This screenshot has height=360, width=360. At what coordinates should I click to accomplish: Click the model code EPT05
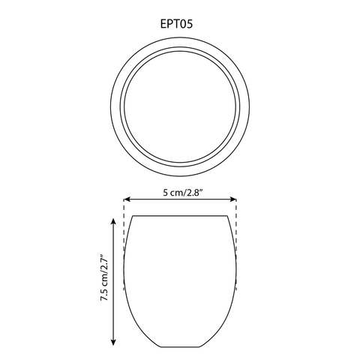176,24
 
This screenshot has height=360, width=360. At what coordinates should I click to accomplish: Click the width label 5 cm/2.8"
183,193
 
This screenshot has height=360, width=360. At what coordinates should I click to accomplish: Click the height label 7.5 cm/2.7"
104,277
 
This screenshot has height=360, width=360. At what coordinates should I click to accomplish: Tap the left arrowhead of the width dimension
127,199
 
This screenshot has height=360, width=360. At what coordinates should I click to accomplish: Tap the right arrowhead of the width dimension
233,199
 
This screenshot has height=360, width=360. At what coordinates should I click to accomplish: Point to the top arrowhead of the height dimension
113,221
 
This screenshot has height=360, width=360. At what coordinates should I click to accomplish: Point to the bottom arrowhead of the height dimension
113,342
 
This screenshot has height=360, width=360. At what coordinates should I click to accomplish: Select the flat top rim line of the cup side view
180,215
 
